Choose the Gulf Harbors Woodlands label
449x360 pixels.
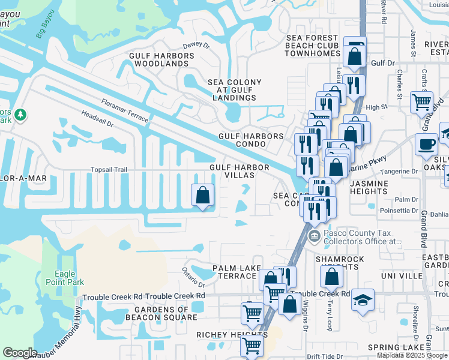tap(161, 59)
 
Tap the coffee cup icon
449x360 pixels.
tap(427, 145)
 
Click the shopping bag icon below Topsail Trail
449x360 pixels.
tap(203, 195)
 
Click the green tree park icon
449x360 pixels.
tap(20, 114)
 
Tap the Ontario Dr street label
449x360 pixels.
tap(194, 272)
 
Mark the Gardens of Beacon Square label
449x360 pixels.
tap(161, 313)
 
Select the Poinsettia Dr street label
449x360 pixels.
tap(399, 211)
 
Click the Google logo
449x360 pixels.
tap(20, 352)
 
